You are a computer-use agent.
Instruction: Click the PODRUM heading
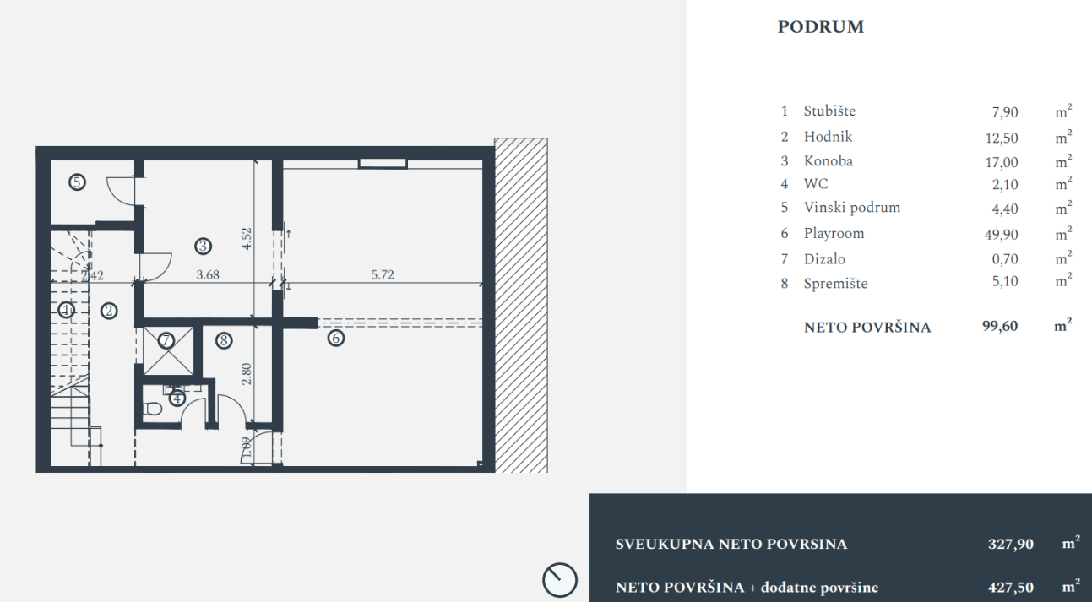[820, 27]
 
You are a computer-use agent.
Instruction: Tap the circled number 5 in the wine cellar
[77, 182]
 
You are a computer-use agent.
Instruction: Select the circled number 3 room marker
[203, 247]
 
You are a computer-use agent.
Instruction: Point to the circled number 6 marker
[336, 338]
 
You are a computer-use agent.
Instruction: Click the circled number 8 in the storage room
[224, 340]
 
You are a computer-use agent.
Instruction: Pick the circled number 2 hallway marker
[109, 311]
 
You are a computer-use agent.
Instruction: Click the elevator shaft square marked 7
[168, 351]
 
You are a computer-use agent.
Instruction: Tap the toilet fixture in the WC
[153, 409]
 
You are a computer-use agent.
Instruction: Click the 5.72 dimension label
[383, 275]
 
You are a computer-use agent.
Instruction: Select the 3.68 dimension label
[208, 275]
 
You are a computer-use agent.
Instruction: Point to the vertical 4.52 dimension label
[247, 239]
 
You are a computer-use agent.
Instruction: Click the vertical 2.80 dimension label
[247, 374]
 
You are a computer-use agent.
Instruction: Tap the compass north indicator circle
[560, 579]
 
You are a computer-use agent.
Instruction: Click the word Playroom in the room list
[834, 234]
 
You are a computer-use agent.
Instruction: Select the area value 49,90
[1002, 235]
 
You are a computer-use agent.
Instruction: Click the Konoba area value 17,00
[1002, 162]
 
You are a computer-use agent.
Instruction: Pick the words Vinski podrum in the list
[851, 208]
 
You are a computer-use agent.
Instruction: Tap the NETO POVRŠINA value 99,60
[1000, 326]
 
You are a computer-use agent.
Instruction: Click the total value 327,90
[1011, 544]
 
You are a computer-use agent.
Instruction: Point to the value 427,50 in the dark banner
[1011, 588]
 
